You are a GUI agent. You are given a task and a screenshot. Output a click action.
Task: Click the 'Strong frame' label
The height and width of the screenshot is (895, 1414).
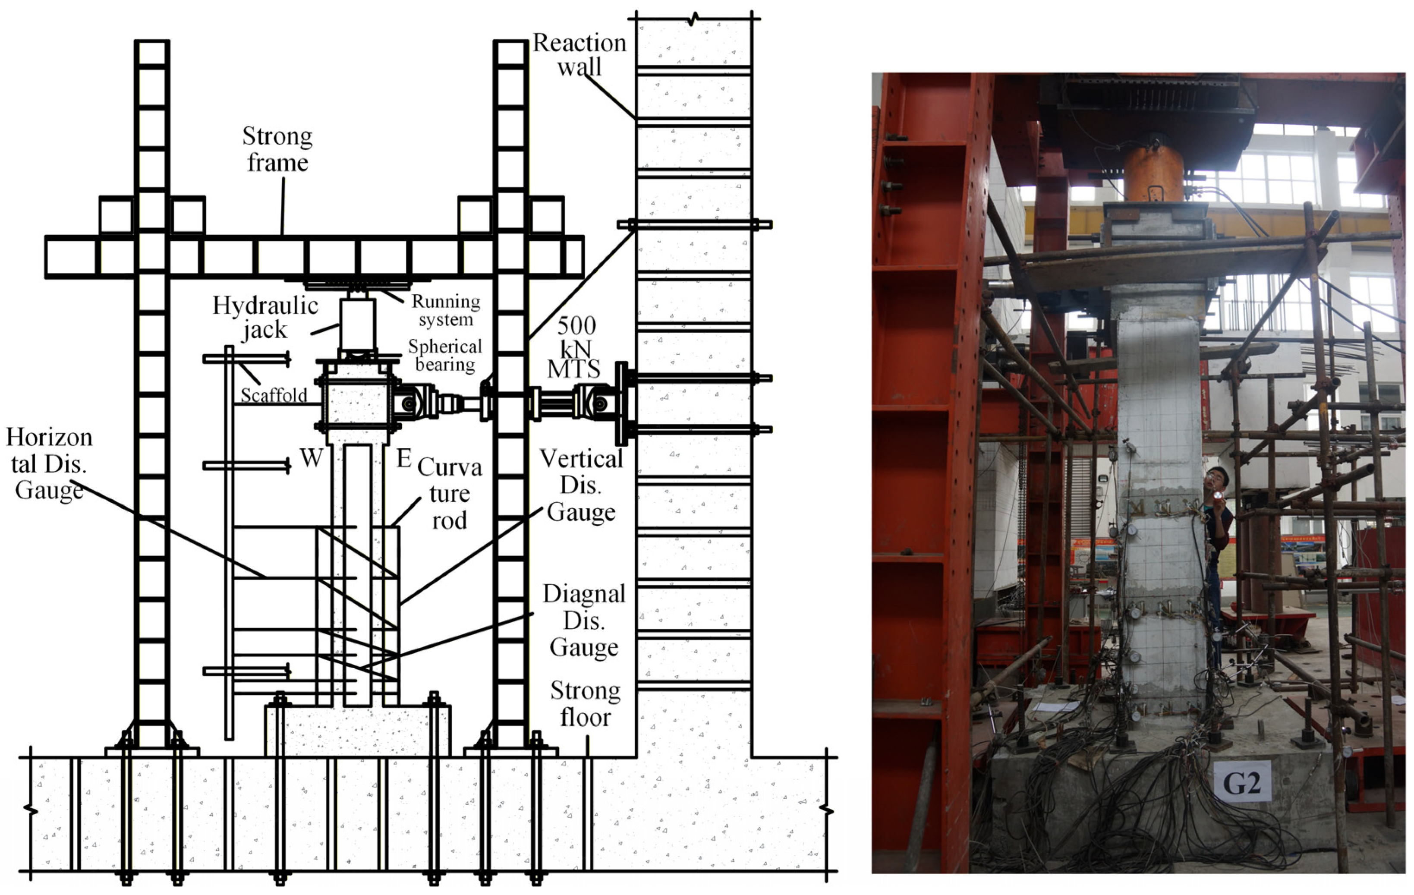[x=277, y=149]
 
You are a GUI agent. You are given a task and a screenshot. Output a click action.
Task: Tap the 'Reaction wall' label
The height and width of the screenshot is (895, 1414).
[x=579, y=55]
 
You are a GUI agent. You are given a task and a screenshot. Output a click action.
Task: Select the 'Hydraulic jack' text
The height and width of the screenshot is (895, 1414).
[x=265, y=317]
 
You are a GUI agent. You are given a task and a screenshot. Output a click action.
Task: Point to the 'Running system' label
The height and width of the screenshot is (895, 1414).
[x=446, y=310]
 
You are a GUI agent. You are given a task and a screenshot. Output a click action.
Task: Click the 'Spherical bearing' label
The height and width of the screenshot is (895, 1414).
[x=445, y=355]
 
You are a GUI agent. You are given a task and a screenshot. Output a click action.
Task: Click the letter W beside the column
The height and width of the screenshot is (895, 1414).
[x=311, y=458]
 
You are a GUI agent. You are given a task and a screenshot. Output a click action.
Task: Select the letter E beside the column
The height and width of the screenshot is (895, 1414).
[x=404, y=458]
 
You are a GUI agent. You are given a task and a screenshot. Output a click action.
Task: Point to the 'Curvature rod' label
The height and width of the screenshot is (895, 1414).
[x=449, y=493]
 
